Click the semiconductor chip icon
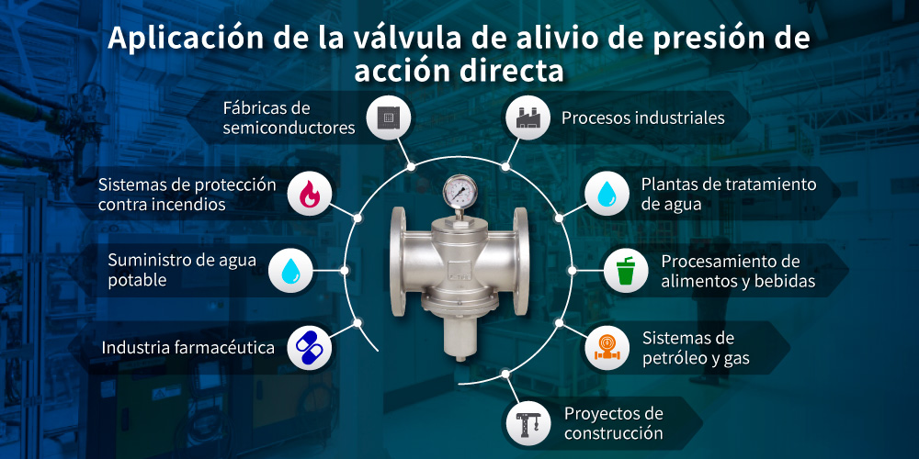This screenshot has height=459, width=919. [386, 118]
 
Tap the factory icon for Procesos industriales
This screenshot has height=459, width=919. [528, 118]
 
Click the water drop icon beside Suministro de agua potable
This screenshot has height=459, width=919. [290, 271]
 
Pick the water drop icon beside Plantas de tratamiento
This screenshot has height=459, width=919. [607, 194]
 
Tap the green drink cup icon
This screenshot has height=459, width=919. [627, 271]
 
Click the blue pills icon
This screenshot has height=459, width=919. [309, 348]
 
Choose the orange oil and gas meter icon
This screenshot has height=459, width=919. [607, 348]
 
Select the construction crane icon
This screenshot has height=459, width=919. [528, 422]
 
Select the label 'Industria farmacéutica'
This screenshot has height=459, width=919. [188, 348]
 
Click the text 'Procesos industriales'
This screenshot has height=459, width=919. [642, 118]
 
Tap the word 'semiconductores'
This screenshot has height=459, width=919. [289, 128]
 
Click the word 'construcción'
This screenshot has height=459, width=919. [613, 432]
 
